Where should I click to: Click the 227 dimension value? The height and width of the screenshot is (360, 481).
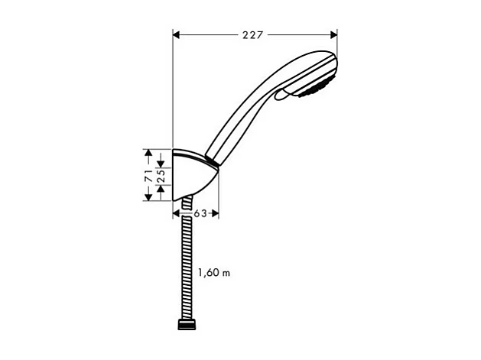[x=255, y=34]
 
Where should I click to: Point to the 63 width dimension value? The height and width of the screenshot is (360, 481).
[x=200, y=214]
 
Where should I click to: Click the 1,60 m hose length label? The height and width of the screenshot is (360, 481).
[x=213, y=272]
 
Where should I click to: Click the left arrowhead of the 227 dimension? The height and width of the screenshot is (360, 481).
[x=177, y=34]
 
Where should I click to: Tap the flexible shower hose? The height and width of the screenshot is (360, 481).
[x=184, y=260]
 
